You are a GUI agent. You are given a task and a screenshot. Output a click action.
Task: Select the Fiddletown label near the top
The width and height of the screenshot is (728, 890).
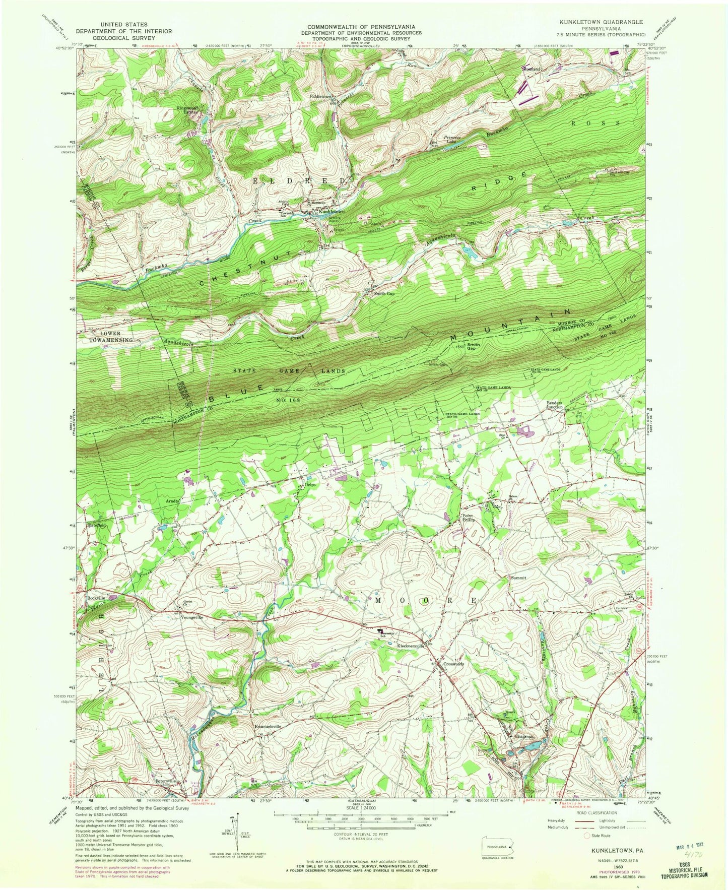coord(322,96)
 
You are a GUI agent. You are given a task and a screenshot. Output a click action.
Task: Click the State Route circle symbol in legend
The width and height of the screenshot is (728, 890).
coord(586,836)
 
